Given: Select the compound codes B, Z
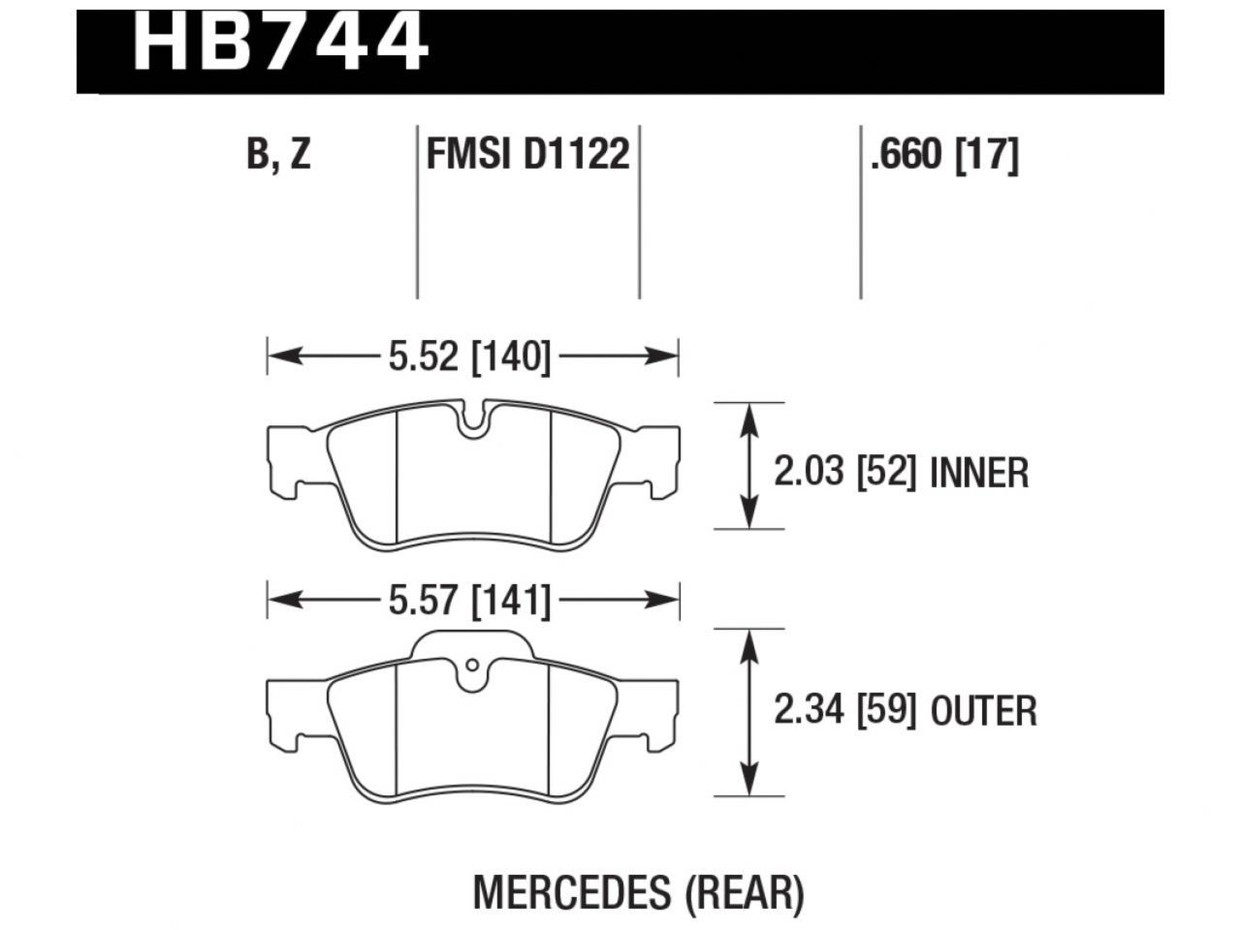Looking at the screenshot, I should click(x=278, y=155).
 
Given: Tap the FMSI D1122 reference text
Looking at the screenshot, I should click(x=528, y=155).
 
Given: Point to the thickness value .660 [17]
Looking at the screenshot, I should click(x=944, y=155).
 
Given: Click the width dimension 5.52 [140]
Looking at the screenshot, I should click(x=469, y=357).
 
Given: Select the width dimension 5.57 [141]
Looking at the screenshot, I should click(x=469, y=602).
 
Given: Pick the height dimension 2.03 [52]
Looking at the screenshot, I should click(x=844, y=473).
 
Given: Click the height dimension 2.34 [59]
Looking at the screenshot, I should click(x=844, y=711).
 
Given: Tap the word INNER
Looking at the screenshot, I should click(x=978, y=473).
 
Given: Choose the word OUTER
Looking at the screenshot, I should click(x=983, y=711).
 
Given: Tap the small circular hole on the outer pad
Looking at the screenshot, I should click(x=471, y=666).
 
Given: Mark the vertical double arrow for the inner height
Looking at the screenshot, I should click(x=748, y=466).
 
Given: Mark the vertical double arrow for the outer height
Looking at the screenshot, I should click(x=748, y=712).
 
